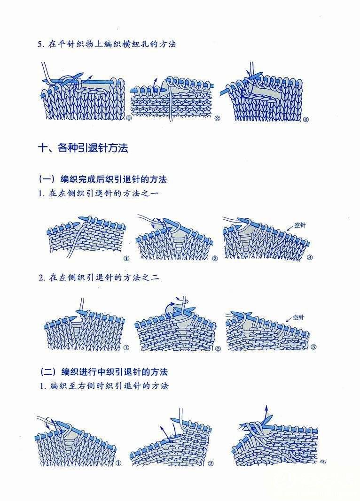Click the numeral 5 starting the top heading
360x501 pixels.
pyautogui.click(x=40, y=45)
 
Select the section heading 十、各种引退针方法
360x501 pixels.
pyautogui.click(x=83, y=148)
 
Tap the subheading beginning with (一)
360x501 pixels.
pyautogui.click(x=102, y=179)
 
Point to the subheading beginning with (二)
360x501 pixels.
pyautogui.click(x=104, y=371)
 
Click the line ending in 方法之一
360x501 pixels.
pyautogui.click(x=99, y=193)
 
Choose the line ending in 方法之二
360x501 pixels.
pyautogui.click(x=99, y=277)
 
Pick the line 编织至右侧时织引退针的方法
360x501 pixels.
pyautogui.click(x=104, y=385)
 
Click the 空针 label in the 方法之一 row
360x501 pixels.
pyautogui.click(x=300, y=225)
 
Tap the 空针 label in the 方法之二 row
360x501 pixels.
pyautogui.click(x=298, y=317)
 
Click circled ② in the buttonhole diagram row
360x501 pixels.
pyautogui.click(x=217, y=118)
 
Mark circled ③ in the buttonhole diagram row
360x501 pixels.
pyautogui.click(x=305, y=120)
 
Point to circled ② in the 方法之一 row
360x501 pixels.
pyautogui.click(x=214, y=258)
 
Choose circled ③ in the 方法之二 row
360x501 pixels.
pyautogui.click(x=313, y=347)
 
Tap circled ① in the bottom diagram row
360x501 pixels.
pyautogui.click(x=118, y=463)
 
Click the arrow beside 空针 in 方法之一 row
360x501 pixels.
pyautogui.click(x=290, y=227)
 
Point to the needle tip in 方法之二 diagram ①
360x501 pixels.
pyautogui.click(x=77, y=312)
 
